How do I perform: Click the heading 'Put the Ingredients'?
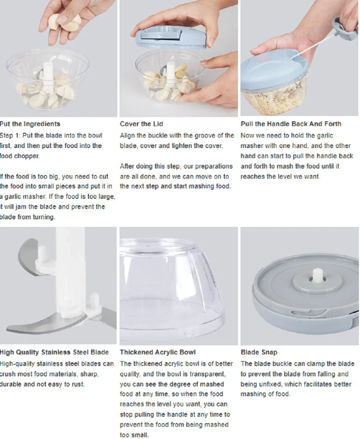click(x=30, y=124)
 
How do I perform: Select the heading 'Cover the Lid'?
click(x=141, y=124)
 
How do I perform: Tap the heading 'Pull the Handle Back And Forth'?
click(x=291, y=124)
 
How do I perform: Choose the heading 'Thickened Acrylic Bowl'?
click(x=158, y=352)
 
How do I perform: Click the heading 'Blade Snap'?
click(x=259, y=352)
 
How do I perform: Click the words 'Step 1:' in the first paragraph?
click(x=10, y=135)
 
